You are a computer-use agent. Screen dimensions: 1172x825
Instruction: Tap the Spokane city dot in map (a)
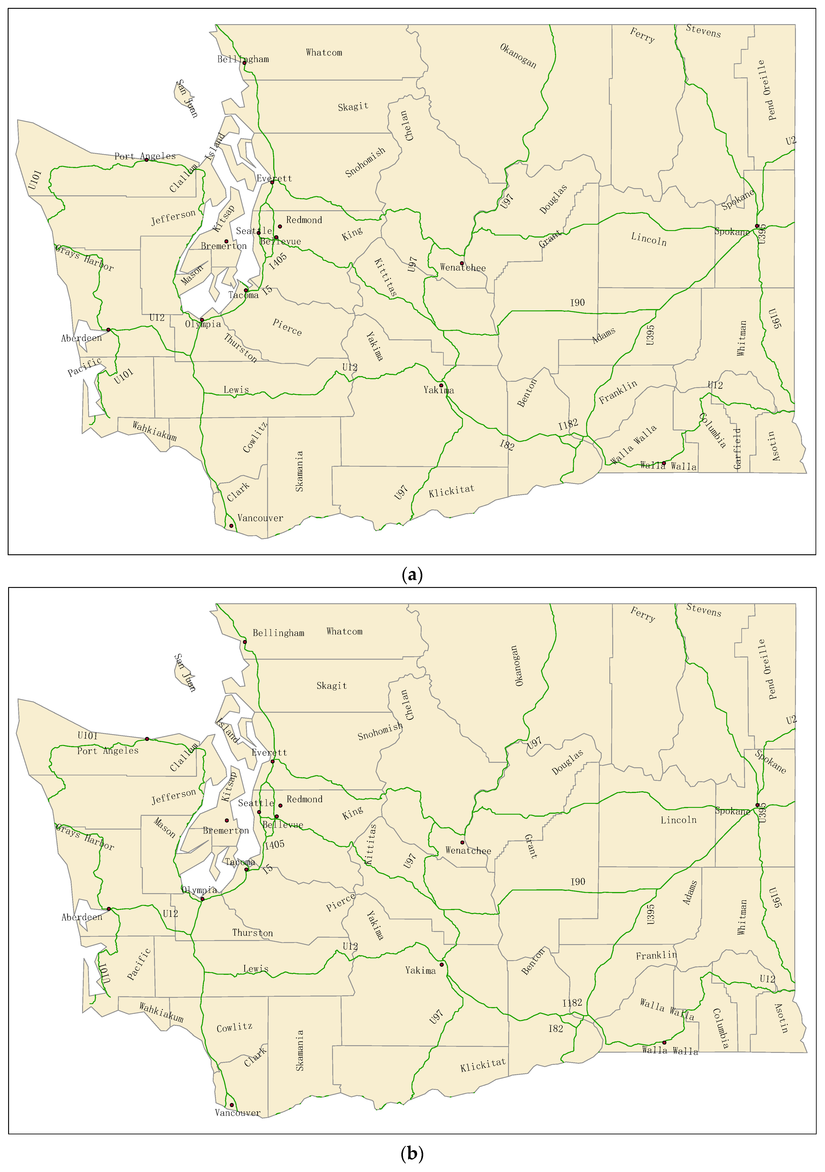tap(757, 226)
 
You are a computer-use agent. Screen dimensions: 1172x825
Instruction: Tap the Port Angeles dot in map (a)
tap(146, 160)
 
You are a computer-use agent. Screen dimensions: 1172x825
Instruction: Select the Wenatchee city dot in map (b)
tap(462, 842)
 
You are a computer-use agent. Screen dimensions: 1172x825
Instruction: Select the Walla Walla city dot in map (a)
tap(664, 463)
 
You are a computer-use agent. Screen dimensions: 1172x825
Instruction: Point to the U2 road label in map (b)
tap(791, 720)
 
